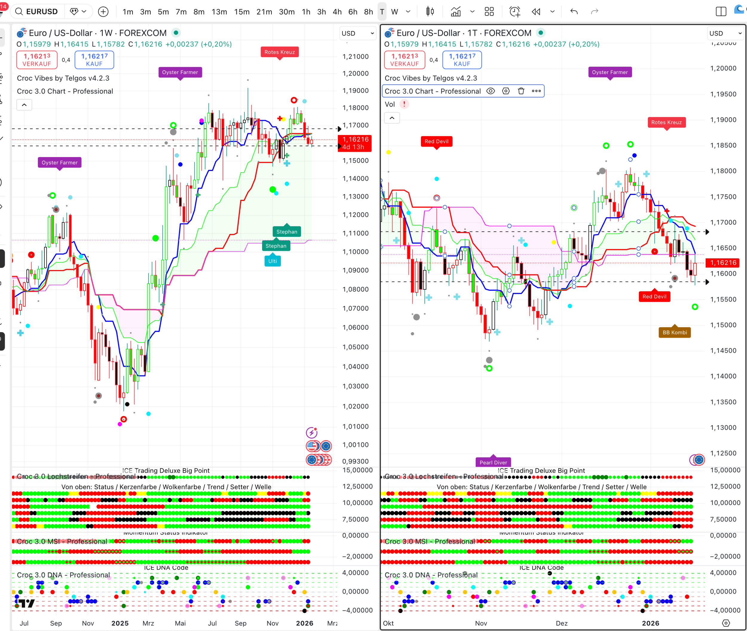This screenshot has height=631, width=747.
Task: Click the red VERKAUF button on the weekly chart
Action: [x=37, y=60]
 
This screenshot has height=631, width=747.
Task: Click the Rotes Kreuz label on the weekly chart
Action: [x=280, y=52]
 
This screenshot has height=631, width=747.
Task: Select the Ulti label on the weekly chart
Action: [x=273, y=261]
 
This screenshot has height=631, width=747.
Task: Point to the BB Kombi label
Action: [x=675, y=333]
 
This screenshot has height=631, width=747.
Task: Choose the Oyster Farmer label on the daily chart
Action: [x=610, y=72]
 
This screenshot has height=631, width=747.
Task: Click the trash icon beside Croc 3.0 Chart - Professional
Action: [x=521, y=91]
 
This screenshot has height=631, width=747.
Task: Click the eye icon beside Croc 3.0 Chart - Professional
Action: [x=491, y=91]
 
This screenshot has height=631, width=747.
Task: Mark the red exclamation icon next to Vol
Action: [x=404, y=104]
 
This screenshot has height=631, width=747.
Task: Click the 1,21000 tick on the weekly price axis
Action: [x=356, y=56]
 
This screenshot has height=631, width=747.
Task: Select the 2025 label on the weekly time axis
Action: [x=120, y=623]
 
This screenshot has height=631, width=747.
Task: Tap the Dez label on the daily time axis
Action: [x=561, y=623]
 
